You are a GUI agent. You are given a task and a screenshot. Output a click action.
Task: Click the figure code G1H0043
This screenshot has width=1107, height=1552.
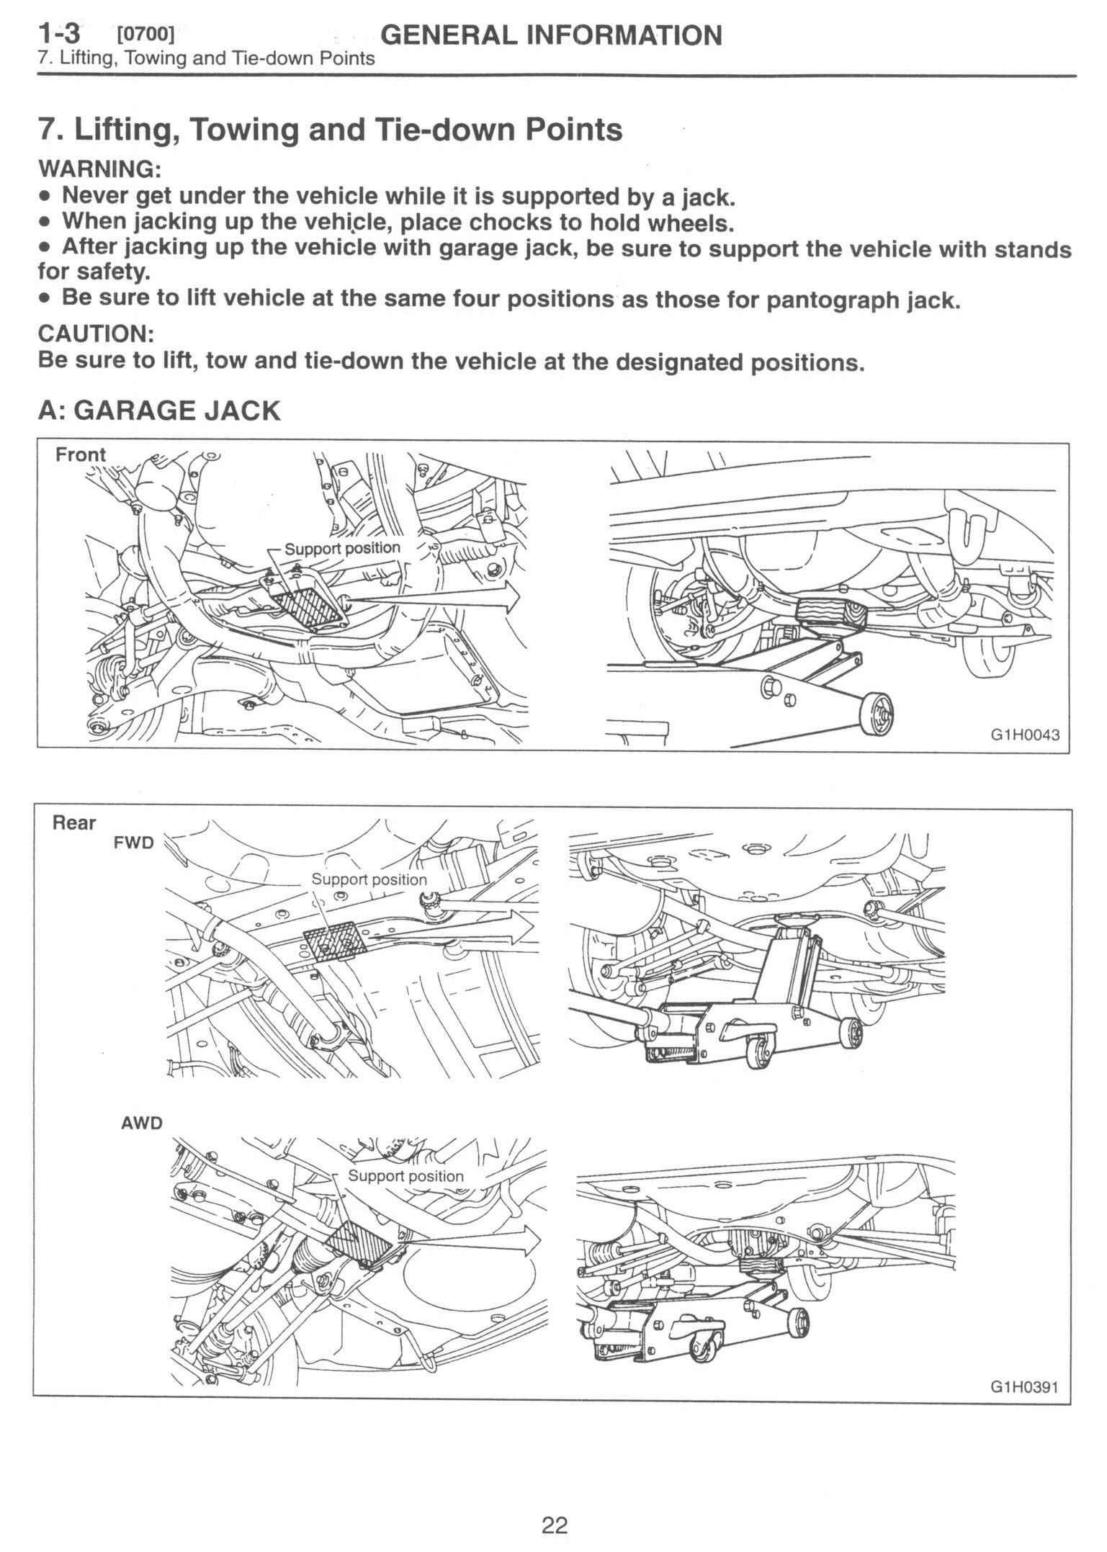(1025, 736)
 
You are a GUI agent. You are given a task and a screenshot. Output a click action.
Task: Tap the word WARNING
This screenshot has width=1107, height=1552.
(99, 169)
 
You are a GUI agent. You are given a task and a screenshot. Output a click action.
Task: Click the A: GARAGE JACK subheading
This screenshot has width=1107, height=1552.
(158, 411)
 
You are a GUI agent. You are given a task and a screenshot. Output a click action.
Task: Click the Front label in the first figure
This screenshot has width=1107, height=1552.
(81, 454)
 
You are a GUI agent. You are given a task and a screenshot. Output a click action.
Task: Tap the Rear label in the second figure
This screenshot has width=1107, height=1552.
(73, 822)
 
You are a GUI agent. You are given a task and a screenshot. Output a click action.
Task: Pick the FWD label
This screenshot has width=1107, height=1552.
(133, 843)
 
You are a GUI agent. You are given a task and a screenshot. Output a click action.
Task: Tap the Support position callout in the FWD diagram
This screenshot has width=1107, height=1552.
(369, 879)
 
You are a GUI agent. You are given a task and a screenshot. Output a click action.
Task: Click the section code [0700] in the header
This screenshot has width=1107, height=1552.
(145, 34)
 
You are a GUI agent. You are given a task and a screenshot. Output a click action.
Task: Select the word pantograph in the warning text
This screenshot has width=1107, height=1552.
(830, 300)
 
